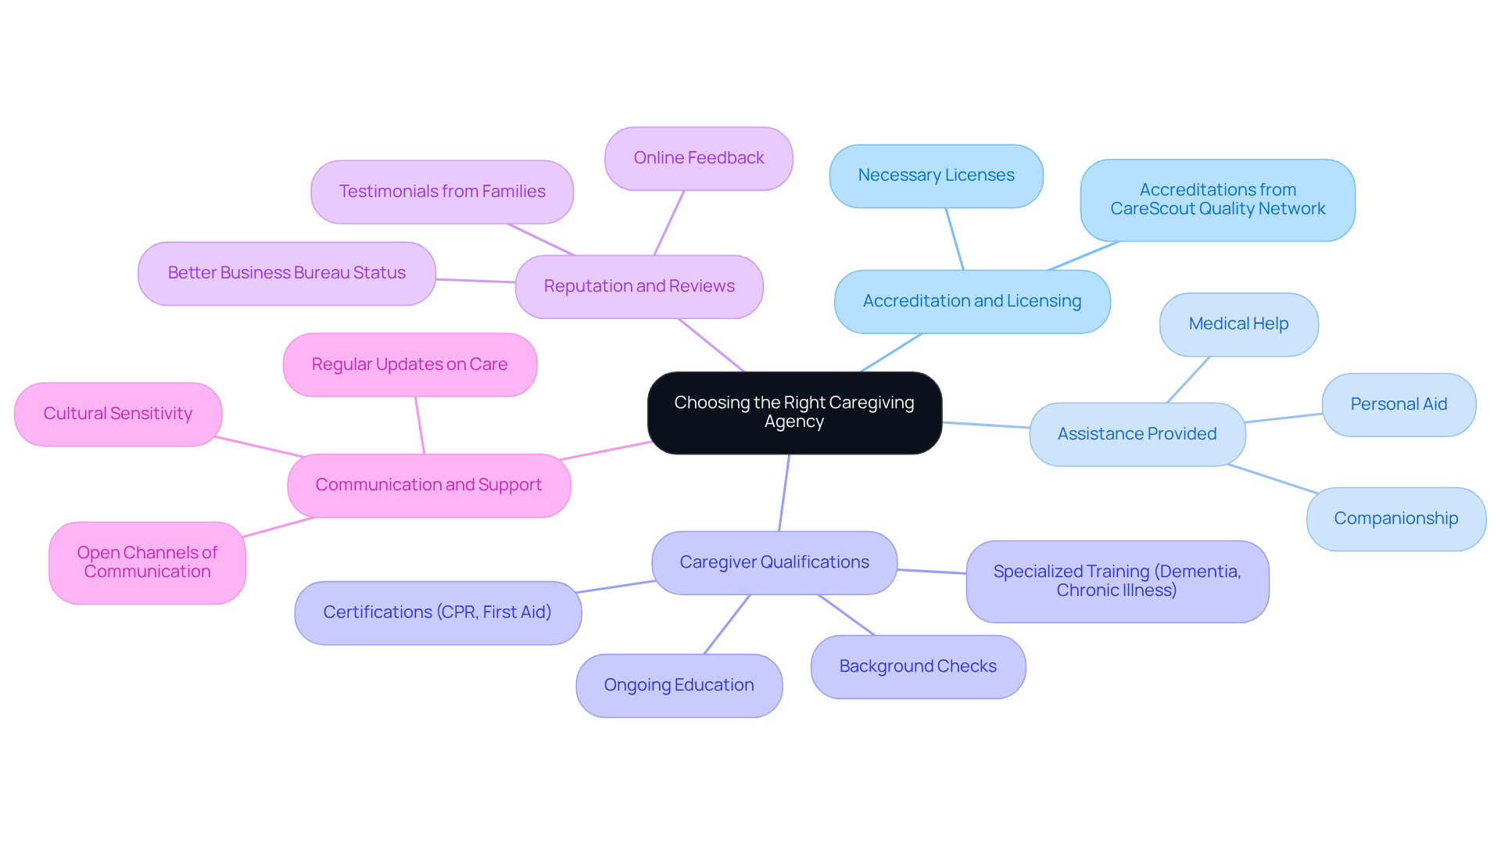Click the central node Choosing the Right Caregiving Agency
794,412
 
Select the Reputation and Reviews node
639,286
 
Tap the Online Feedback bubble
698,158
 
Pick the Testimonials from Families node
442,192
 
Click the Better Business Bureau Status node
286,273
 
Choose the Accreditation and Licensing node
972,301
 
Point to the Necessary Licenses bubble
936,175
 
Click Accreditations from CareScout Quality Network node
1217,199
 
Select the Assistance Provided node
1137,434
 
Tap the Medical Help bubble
1238,324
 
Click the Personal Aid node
1399,404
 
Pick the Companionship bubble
1395,519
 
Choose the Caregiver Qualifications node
774,562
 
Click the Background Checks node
918,666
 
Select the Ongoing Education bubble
679,685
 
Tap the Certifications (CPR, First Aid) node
437,612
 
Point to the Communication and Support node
428,485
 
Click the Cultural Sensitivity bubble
117,414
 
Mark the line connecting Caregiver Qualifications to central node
784,493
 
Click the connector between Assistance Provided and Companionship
1273,479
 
